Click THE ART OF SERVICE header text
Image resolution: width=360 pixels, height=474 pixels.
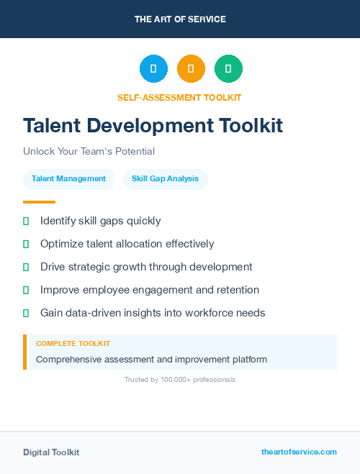pyautogui.click(x=180, y=19)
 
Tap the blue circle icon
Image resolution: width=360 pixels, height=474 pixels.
pyautogui.click(x=153, y=69)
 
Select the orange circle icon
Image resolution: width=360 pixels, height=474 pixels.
pyautogui.click(x=191, y=69)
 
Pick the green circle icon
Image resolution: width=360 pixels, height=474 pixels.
pyautogui.click(x=228, y=69)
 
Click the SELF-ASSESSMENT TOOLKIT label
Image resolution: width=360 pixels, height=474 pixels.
pyautogui.click(x=179, y=97)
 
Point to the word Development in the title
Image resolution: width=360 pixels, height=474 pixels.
pyautogui.click(x=150, y=125)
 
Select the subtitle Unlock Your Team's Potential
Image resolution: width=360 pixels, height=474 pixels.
pyautogui.click(x=89, y=151)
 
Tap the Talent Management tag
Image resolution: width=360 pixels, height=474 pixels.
pyautogui.click(x=68, y=178)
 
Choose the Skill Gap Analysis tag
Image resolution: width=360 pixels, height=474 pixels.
pyautogui.click(x=165, y=178)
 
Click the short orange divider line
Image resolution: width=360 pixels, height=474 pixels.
pyautogui.click(x=39, y=202)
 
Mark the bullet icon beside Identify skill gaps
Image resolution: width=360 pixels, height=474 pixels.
pyautogui.click(x=26, y=221)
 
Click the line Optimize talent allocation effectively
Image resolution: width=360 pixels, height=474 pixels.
pyautogui.click(x=127, y=244)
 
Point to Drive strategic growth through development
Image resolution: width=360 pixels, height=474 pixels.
pyautogui.click(x=146, y=267)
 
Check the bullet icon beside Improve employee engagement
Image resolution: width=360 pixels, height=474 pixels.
pyautogui.click(x=26, y=290)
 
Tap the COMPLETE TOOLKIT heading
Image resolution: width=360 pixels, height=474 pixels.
pyautogui.click(x=73, y=344)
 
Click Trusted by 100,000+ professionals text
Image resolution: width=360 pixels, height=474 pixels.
pyautogui.click(x=179, y=379)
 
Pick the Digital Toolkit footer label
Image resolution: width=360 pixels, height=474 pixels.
pyautogui.click(x=51, y=452)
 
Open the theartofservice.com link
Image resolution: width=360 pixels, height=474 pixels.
pyautogui.click(x=299, y=452)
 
